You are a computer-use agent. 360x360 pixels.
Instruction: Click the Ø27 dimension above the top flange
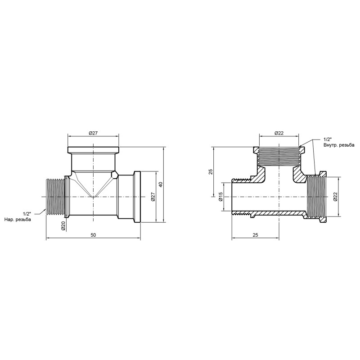93,132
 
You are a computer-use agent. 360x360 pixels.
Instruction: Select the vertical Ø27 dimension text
153,197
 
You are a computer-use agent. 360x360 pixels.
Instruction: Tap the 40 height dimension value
161,184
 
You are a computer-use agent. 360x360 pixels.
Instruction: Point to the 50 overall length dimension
93,235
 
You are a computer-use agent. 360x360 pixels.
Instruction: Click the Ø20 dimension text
63,225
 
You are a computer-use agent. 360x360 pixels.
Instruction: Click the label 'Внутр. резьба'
338,145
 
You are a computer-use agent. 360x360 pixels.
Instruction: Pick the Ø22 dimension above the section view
279,132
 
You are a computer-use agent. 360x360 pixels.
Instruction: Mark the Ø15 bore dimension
220,197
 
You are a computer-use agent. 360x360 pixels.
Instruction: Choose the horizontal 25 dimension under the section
255,235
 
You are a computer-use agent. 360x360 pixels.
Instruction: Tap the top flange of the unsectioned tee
94,150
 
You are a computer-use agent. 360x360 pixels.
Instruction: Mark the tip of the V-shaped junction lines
94,197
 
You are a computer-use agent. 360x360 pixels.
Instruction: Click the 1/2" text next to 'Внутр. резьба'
327,139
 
